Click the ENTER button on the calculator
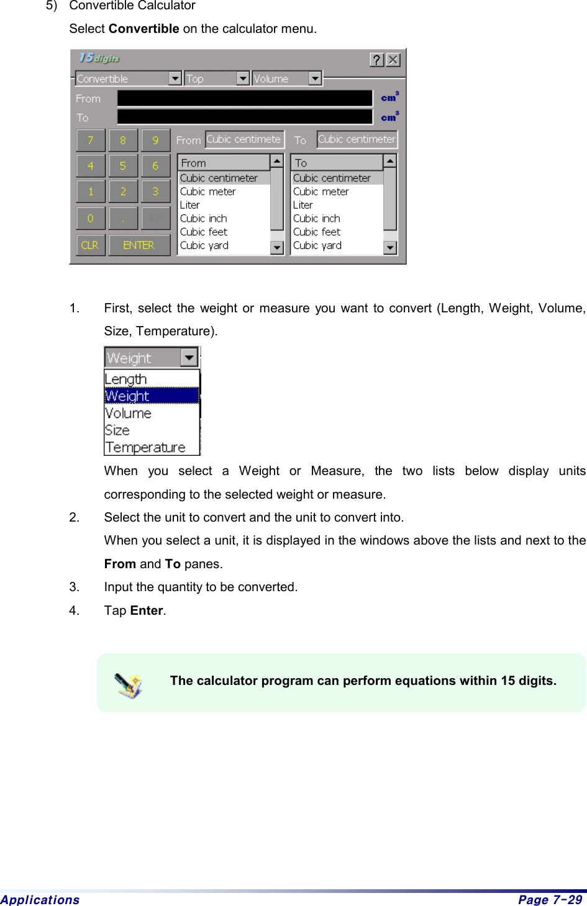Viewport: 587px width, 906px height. (x=139, y=245)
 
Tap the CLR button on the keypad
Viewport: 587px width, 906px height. (x=91, y=245)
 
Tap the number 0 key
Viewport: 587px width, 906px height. (x=91, y=219)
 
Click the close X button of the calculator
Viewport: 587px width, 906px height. (x=393, y=60)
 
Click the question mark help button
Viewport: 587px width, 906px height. (x=377, y=60)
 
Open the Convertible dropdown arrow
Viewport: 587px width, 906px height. (x=175, y=78)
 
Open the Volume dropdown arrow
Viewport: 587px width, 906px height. (x=315, y=78)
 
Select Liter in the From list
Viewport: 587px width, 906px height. (x=190, y=205)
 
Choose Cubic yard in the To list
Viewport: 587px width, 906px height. (x=317, y=245)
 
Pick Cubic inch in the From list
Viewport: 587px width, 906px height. (x=204, y=219)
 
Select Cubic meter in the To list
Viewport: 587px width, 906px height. (x=321, y=192)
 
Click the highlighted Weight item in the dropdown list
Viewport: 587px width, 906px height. (x=128, y=396)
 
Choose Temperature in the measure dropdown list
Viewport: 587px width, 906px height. (x=145, y=448)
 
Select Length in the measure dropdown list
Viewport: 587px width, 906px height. (x=126, y=379)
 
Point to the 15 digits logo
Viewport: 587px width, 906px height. (x=99, y=58)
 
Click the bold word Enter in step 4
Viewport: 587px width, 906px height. (x=147, y=610)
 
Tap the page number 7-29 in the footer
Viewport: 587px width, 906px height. (x=550, y=900)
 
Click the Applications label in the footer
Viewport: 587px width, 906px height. (x=40, y=900)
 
